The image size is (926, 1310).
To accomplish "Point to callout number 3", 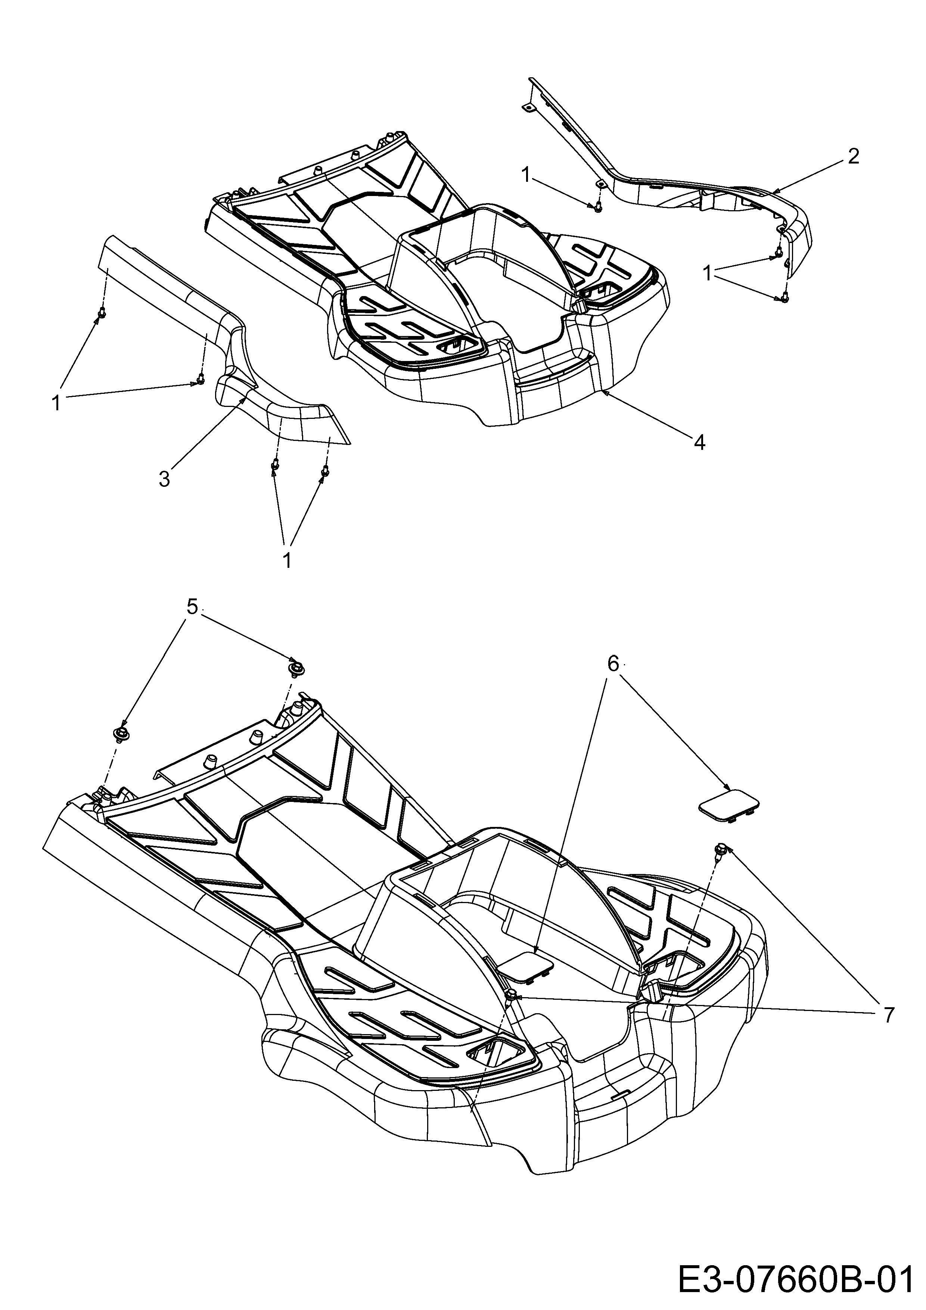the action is (x=164, y=478).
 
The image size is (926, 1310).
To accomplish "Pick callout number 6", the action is (x=613, y=663).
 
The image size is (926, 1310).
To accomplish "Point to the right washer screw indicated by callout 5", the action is (x=296, y=668).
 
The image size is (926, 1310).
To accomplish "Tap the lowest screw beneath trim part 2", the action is (x=786, y=297).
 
